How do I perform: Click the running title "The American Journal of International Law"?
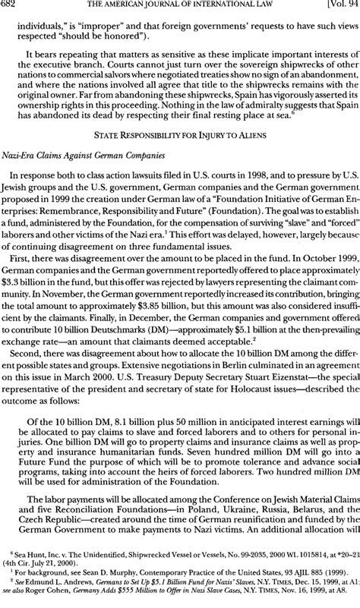(175, 7)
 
